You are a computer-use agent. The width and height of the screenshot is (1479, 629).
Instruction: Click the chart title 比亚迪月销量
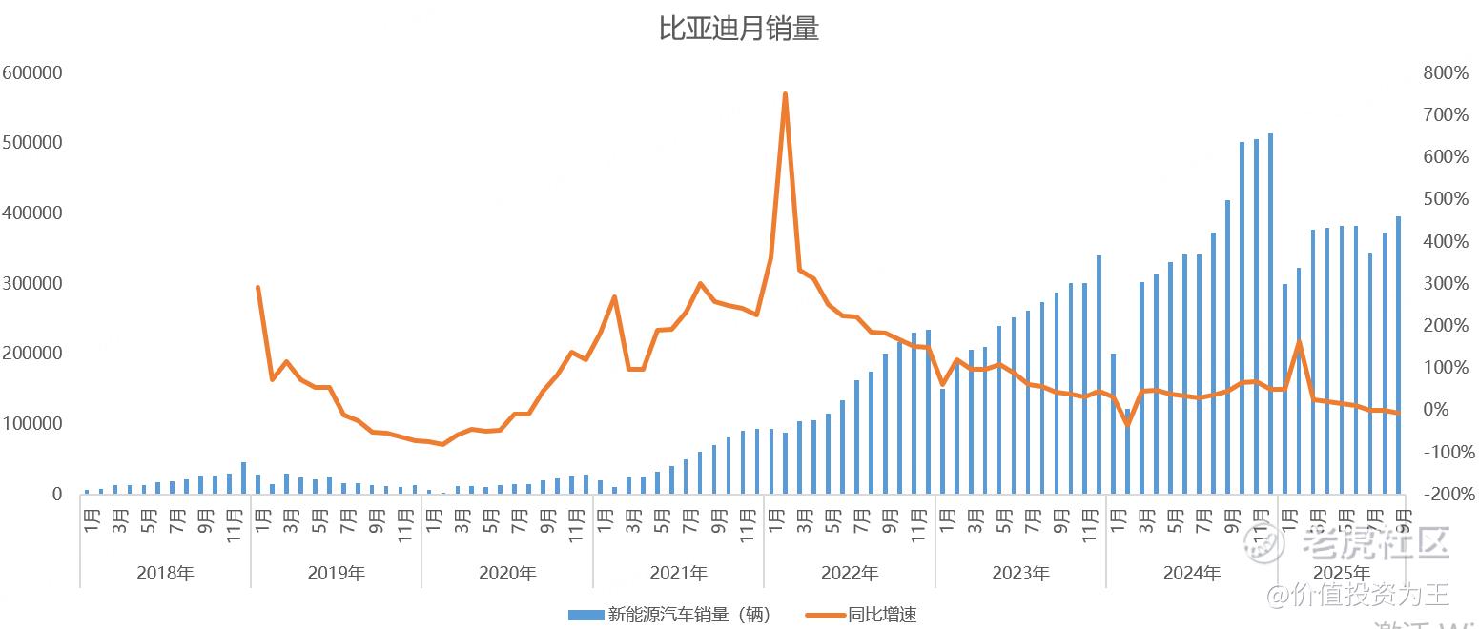click(x=739, y=29)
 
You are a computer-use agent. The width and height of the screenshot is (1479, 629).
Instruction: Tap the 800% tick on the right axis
click(x=1446, y=73)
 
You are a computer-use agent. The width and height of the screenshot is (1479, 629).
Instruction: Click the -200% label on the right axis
click(x=1446, y=494)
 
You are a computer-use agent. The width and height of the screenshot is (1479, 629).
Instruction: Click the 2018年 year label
click(x=165, y=574)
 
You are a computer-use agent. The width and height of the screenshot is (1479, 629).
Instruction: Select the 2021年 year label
click(x=678, y=574)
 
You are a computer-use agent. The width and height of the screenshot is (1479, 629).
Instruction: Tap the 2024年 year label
click(x=1191, y=574)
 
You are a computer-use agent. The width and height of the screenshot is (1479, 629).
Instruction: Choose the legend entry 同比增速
click(x=882, y=615)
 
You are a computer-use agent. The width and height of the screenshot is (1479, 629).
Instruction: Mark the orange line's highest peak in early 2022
click(x=785, y=94)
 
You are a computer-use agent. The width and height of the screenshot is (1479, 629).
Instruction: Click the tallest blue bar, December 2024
click(x=1270, y=314)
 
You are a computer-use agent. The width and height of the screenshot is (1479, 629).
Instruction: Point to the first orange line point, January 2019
click(x=258, y=287)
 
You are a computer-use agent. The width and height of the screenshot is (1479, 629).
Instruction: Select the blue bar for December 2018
click(x=244, y=477)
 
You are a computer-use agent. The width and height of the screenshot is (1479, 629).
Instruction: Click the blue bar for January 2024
click(x=1114, y=424)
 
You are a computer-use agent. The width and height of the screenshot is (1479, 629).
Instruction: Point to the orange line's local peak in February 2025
click(x=1299, y=342)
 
